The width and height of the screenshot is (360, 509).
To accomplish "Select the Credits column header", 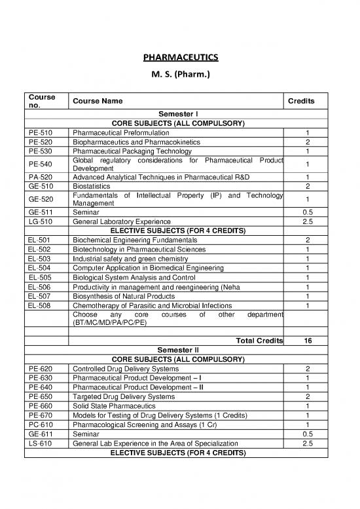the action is [302, 102].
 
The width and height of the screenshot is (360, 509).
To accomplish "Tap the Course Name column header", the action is [97, 102].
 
